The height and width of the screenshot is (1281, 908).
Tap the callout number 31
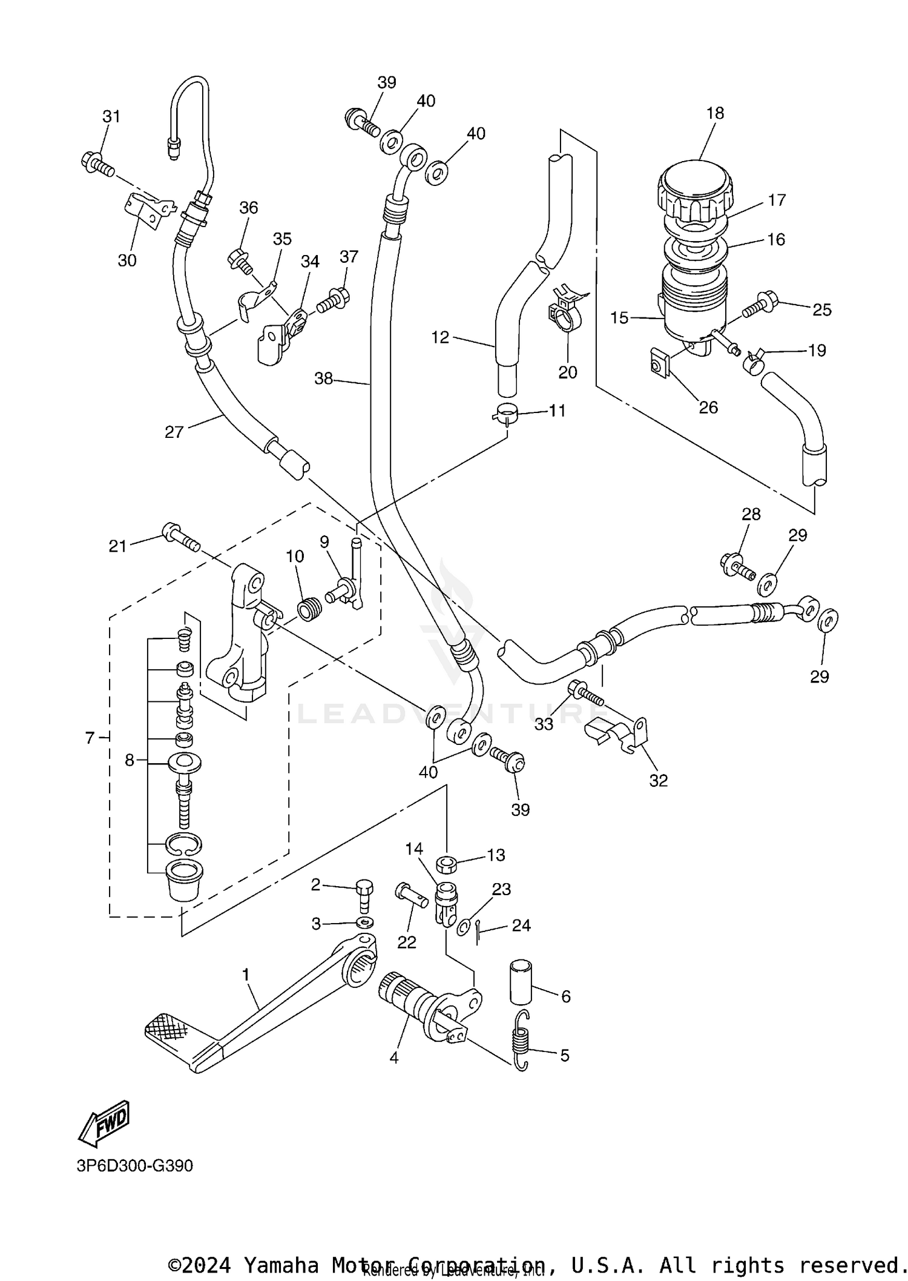[111, 116]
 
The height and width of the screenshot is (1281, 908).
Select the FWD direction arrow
[105, 1122]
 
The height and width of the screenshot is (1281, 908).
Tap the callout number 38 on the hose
[323, 379]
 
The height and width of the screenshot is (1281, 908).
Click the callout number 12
[440, 337]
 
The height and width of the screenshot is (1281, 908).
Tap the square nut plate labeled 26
[658, 364]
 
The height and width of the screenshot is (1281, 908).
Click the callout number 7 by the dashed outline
[90, 738]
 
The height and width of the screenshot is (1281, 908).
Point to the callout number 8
[129, 760]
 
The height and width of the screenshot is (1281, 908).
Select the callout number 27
[174, 432]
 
